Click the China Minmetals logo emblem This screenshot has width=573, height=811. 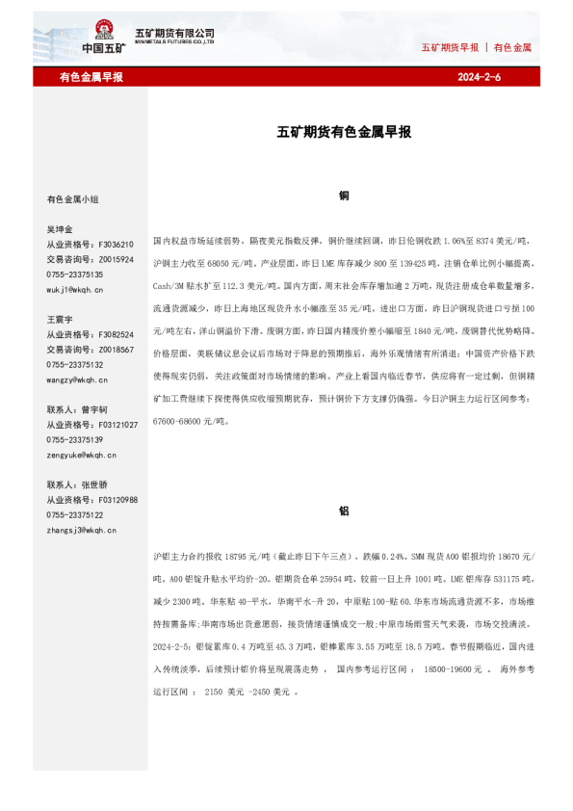103,32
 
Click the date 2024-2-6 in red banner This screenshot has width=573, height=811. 479,76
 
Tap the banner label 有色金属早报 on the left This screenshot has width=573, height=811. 91,76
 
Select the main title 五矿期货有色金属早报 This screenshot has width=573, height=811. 344,132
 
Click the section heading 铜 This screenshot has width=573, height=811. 344,196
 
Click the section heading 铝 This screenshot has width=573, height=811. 344,512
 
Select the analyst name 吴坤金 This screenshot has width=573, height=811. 60,230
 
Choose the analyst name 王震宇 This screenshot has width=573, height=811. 60,319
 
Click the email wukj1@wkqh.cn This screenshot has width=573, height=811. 76,289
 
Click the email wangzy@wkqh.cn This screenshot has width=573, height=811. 76,379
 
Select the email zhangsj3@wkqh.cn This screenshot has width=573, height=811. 81,530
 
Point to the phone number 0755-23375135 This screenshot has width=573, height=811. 75,275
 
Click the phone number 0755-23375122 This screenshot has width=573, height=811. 75,515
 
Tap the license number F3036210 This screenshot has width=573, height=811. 115,245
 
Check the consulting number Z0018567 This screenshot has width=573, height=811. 115,350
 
